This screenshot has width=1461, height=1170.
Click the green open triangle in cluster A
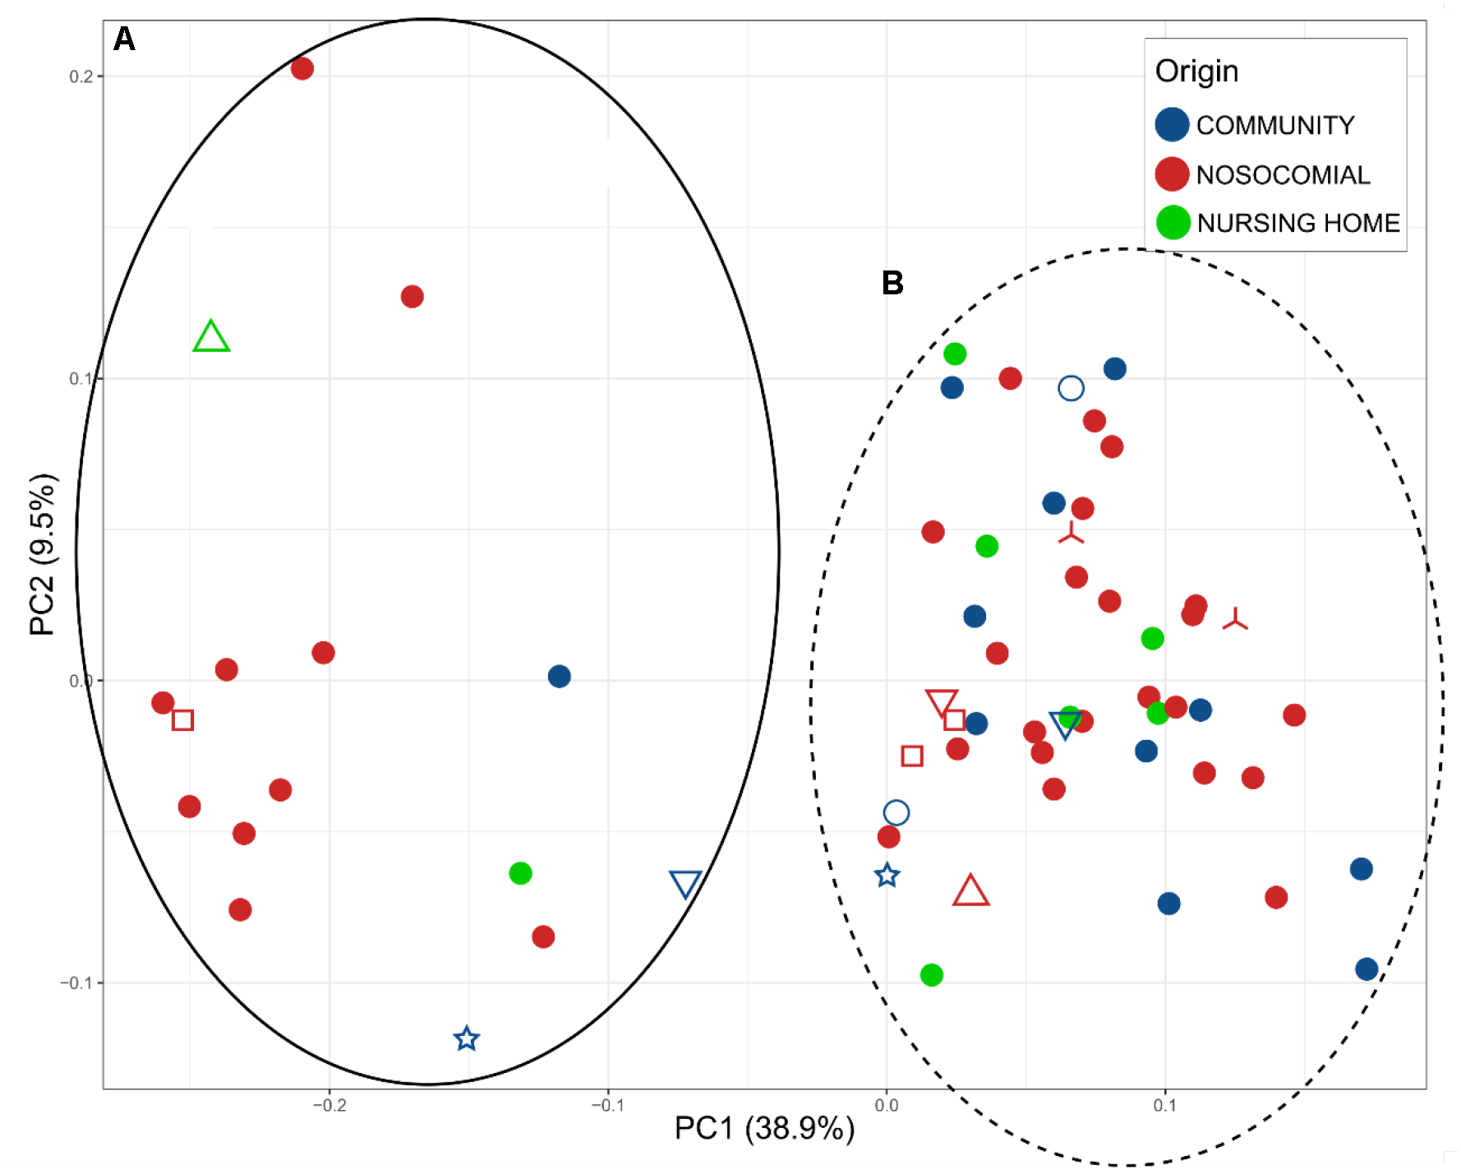click(211, 338)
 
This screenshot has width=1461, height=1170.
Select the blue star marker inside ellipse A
click(467, 1039)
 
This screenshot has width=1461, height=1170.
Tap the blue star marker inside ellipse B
click(887, 876)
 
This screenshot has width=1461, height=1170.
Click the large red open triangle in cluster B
click(970, 892)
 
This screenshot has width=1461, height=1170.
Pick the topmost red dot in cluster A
click(302, 68)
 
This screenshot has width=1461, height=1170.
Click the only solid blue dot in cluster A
click(560, 677)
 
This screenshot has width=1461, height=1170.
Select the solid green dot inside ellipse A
click(520, 873)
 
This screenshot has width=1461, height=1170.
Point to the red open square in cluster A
click(182, 720)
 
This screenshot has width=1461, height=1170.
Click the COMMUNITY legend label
click(1274, 125)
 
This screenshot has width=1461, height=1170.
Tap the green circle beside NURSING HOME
click(1173, 222)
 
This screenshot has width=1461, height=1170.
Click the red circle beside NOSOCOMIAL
click(1173, 174)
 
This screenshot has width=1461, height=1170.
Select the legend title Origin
click(1196, 72)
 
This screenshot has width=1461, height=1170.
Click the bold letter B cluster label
click(892, 284)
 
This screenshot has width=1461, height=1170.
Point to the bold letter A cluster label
click(124, 39)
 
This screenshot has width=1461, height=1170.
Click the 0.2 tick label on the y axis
click(81, 76)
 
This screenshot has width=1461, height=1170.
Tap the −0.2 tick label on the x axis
click(330, 1106)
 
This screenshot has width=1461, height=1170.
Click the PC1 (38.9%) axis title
click(764, 1129)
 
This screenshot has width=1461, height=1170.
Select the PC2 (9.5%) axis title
click(42, 555)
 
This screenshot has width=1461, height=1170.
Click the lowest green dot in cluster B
click(931, 975)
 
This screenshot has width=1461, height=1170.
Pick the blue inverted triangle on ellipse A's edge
click(685, 883)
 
